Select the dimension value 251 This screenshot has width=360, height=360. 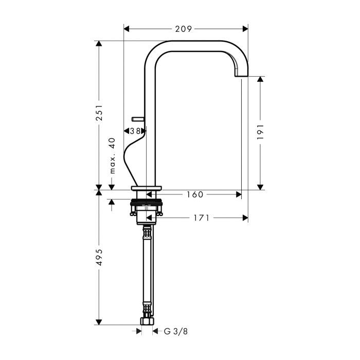point(99,113)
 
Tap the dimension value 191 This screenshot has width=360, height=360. point(260,132)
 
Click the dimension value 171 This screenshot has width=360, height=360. point(201,218)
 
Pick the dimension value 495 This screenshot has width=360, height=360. point(99,257)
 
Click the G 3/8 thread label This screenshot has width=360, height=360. point(176,331)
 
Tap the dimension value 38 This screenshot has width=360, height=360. point(135,131)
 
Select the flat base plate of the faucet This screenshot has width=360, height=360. point(147,187)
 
